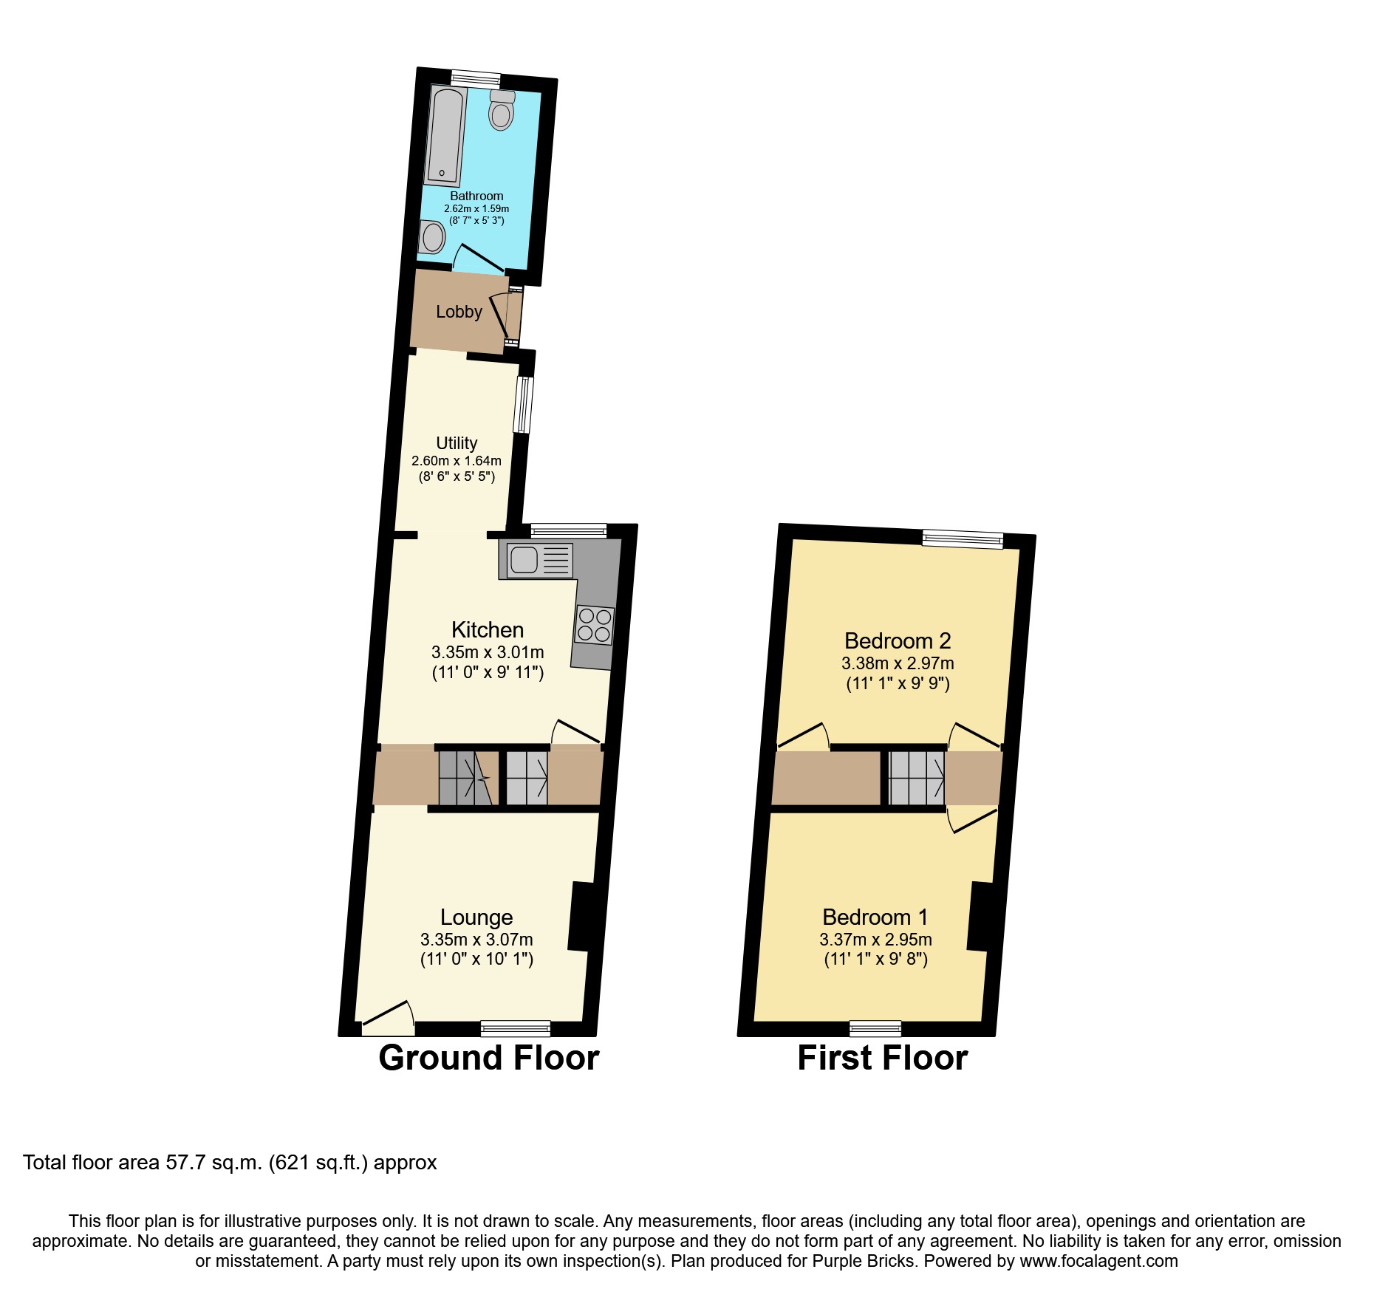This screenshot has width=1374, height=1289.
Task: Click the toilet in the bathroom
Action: pos(502,111)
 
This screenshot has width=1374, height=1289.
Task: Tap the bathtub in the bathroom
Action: pos(445,137)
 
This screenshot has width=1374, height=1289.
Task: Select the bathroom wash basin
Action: pos(433,238)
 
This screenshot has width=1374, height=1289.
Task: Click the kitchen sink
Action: pos(524,559)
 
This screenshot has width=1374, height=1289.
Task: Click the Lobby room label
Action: pos(459,312)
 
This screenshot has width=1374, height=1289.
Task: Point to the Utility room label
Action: pos(457,443)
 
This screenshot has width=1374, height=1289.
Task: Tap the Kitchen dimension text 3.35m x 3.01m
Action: pos(488,652)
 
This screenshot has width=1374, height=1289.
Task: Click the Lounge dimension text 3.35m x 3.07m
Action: pos(476,940)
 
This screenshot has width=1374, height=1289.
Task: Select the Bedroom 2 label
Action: pos(898,640)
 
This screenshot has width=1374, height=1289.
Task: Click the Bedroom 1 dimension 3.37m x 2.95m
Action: pos(875,940)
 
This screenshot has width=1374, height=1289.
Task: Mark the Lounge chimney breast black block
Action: pos(581,916)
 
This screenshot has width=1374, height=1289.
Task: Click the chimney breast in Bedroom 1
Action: pos(980,916)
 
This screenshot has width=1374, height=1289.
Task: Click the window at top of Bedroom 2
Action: pos(963,539)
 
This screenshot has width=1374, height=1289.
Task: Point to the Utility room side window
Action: pos(523,405)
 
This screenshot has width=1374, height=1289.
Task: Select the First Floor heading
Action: pos(882,1058)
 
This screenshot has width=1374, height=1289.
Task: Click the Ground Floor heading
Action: pos(488,1058)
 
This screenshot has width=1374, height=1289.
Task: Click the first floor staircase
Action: pos(916,778)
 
